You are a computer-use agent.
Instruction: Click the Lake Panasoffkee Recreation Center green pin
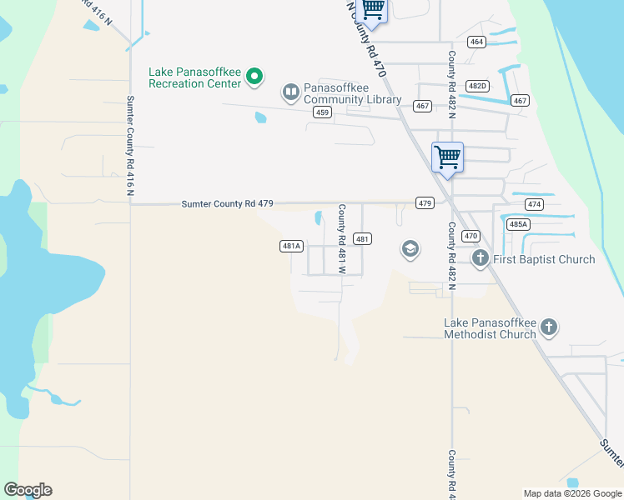tap(254, 78)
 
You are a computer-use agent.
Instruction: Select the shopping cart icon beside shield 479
tap(448, 157)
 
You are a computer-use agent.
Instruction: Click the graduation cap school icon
tap(410, 249)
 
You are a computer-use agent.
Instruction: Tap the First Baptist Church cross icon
tap(480, 258)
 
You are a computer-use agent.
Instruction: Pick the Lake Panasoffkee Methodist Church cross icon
tap(548, 327)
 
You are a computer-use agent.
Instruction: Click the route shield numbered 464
tap(476, 42)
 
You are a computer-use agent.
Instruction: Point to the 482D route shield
tap(477, 86)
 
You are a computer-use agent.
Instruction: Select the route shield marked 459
tap(322, 112)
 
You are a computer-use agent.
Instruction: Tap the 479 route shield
tap(425, 203)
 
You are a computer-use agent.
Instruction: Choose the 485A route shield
tap(518, 224)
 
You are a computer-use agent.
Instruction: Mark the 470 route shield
tap(471, 236)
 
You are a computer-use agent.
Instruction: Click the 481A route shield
tap(290, 246)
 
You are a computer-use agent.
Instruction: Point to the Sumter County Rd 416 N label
tap(130, 146)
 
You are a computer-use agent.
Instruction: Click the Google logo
tap(28, 490)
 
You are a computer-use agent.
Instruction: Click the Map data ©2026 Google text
tap(572, 493)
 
